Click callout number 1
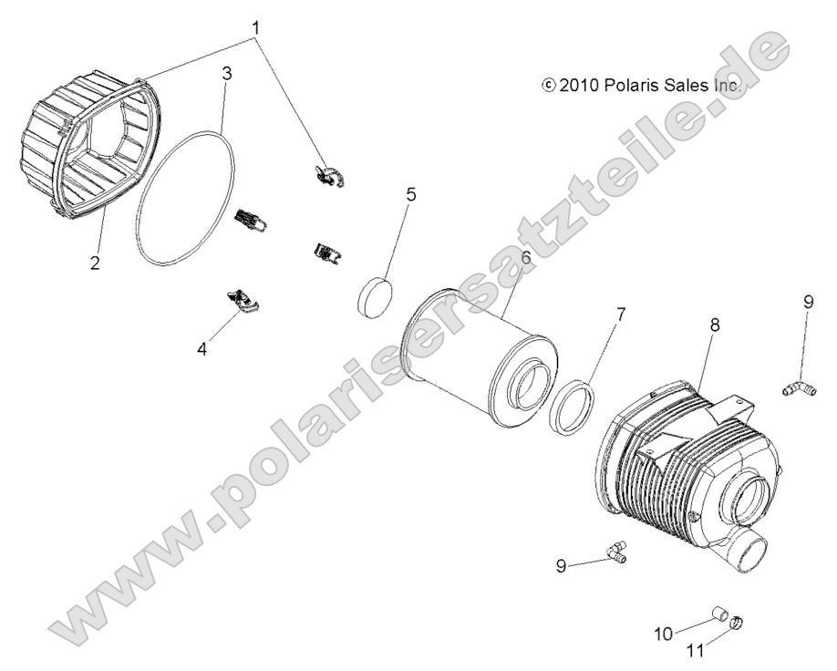(x=256, y=27)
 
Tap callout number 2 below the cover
(x=95, y=263)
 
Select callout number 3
(x=227, y=73)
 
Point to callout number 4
(x=201, y=350)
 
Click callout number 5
(x=410, y=195)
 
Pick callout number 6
(x=526, y=258)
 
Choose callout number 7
(x=621, y=315)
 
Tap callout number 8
(x=714, y=325)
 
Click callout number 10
(x=664, y=635)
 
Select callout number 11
(x=695, y=651)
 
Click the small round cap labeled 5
(x=375, y=297)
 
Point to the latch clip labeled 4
(x=243, y=302)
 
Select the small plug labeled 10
(x=719, y=614)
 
